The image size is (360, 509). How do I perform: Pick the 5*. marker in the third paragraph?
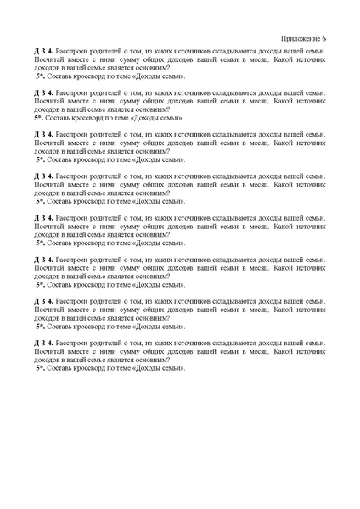click(x=41, y=158)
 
